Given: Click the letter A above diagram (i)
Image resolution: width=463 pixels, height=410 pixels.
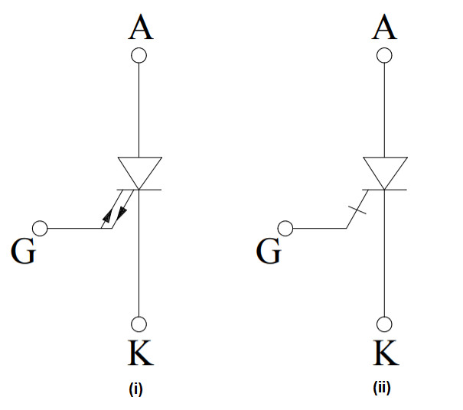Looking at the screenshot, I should click(139, 28).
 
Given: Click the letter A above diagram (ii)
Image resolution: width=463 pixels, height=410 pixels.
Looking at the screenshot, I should click(384, 28).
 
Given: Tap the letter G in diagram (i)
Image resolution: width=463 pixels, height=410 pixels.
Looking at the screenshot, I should click(22, 251).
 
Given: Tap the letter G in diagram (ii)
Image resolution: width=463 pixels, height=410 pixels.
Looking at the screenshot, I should click(268, 251).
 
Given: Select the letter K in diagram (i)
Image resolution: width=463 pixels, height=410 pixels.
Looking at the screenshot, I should click(139, 352).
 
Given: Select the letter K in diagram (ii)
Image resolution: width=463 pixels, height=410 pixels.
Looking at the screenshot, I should click(385, 352).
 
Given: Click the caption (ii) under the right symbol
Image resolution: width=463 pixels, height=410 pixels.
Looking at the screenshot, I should click(382, 389).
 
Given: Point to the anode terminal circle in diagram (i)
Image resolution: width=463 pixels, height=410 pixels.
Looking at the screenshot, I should click(139, 56).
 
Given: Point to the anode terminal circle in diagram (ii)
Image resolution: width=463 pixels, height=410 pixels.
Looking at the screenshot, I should click(384, 56).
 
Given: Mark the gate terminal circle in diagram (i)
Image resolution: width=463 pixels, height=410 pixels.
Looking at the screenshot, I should click(41, 228).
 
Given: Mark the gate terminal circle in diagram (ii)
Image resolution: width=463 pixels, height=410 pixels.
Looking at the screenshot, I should click(285, 228).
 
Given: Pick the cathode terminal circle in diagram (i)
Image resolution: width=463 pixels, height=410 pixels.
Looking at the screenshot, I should click(139, 324).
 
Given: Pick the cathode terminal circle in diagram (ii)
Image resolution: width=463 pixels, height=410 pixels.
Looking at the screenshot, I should click(384, 324).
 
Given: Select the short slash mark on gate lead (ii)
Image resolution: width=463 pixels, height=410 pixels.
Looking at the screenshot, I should click(357, 209).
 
